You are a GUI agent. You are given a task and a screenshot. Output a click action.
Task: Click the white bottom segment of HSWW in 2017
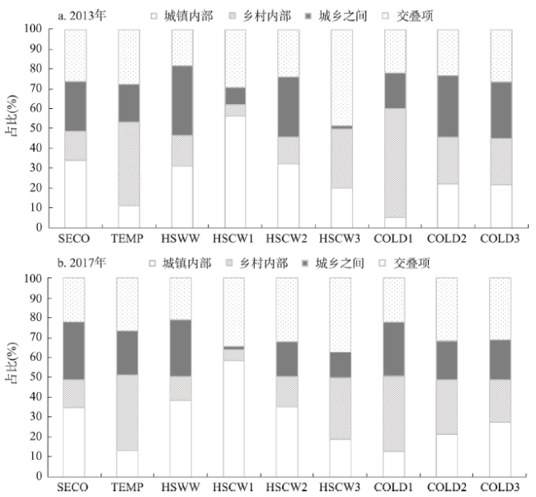(x=181, y=438)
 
